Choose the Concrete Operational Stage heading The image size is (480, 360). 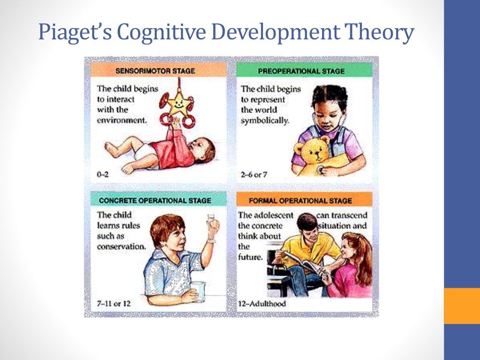click(155, 201)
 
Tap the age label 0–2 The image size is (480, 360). click(104, 174)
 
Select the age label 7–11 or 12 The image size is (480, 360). click(114, 303)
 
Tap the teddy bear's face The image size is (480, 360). click(315, 150)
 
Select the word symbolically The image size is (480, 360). click(265, 120)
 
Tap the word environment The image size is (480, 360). click(122, 120)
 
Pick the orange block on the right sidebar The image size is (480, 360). click(462, 305)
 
